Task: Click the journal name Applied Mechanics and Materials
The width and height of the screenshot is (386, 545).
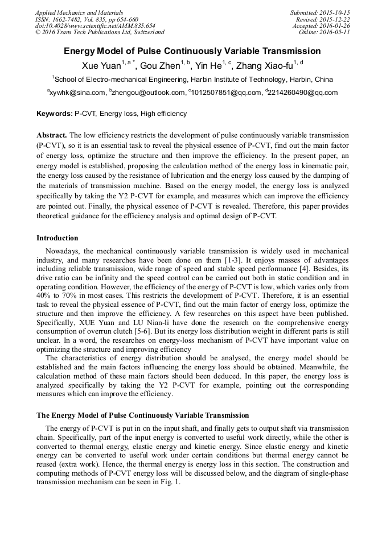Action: [79, 13]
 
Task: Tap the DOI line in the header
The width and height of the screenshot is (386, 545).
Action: [95, 26]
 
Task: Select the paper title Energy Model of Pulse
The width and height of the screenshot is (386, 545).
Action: [192, 51]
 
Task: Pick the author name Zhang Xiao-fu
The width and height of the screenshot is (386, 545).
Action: [263, 66]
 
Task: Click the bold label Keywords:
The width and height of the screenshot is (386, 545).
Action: [55, 114]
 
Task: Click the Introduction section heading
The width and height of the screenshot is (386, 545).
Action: [58, 238]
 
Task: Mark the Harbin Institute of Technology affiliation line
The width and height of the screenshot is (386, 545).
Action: [192, 80]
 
